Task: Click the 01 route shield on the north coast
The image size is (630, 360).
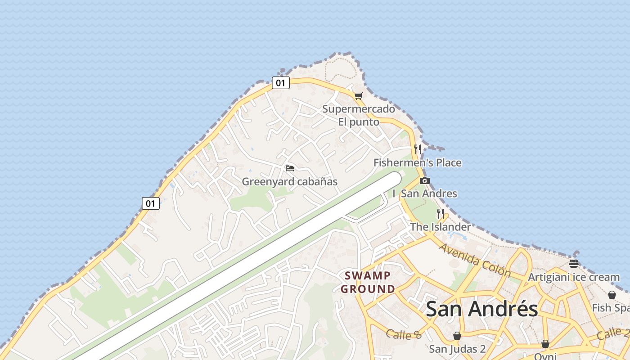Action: pos(280,83)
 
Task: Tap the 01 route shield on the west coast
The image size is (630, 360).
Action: pos(151,203)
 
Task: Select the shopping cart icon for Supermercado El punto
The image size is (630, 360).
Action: pos(358,96)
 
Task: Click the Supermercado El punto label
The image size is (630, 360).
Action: pos(359,115)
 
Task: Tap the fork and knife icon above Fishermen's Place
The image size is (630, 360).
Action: pos(418,149)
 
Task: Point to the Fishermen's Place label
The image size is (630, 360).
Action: pos(418,162)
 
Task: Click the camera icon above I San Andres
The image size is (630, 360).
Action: pos(424,181)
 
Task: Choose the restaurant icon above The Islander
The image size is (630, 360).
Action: pos(441,214)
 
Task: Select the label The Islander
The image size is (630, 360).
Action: pos(440,227)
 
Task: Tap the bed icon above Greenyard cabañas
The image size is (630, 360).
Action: pos(290,168)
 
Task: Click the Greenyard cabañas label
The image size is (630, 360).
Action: pos(290,182)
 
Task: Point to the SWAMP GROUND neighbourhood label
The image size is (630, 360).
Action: pos(368,282)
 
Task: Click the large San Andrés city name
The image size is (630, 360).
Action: pos(481,309)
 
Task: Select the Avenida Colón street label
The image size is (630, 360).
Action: pos(475,261)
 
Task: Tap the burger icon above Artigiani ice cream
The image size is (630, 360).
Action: pos(573,264)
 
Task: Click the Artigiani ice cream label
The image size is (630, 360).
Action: pos(574,277)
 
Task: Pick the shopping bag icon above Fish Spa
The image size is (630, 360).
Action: pos(612,295)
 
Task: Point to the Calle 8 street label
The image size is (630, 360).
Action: pos(404,334)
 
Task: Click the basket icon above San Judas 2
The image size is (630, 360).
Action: pos(457,336)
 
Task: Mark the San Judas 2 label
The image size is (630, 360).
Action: pos(457,349)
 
